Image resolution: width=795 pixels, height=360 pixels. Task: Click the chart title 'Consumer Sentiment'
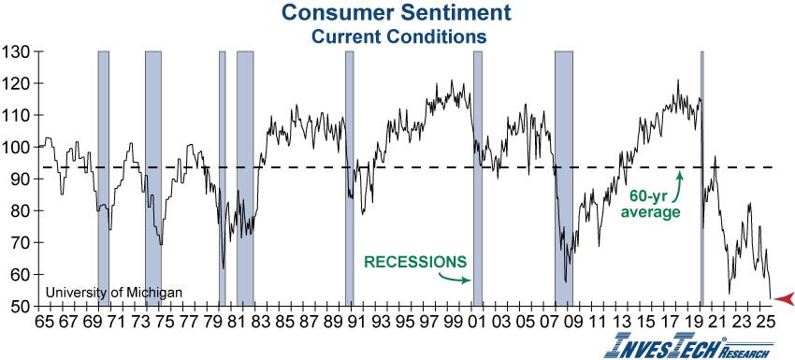(x=397, y=14)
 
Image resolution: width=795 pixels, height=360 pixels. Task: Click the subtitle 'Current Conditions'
(x=397, y=36)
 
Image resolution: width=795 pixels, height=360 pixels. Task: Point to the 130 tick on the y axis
(x=19, y=51)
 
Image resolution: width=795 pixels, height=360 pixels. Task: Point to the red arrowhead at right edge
(x=784, y=298)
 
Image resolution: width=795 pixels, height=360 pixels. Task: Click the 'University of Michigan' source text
(x=113, y=293)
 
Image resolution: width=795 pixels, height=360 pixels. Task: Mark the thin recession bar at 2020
(x=701, y=178)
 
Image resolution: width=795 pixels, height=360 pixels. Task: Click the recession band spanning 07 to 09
(x=563, y=178)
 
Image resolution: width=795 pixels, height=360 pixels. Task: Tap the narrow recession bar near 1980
(x=223, y=178)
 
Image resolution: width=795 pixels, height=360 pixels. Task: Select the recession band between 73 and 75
(x=153, y=178)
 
